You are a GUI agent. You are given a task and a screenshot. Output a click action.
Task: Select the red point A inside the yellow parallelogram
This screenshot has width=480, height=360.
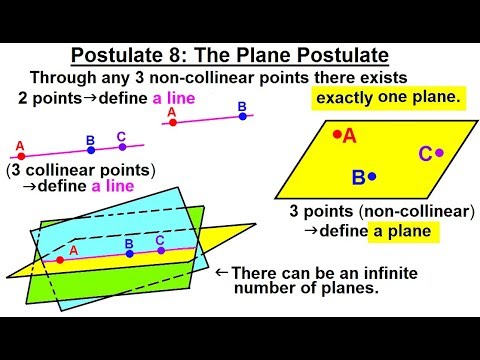338,133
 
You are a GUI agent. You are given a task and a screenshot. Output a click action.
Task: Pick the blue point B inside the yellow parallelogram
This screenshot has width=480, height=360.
372,177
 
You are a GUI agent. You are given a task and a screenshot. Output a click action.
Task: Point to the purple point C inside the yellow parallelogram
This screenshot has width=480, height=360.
439,152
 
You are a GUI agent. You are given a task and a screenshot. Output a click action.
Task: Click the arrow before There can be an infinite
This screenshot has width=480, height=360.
222,271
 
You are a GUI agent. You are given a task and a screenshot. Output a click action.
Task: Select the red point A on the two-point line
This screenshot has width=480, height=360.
173,124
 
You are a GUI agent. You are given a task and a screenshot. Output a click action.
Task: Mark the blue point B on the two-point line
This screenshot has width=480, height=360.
242,116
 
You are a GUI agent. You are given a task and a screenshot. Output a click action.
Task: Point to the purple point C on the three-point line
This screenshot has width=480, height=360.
122,147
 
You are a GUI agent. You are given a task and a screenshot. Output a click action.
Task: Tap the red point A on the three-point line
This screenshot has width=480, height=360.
20,156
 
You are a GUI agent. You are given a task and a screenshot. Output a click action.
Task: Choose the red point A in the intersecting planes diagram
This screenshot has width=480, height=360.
61,260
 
